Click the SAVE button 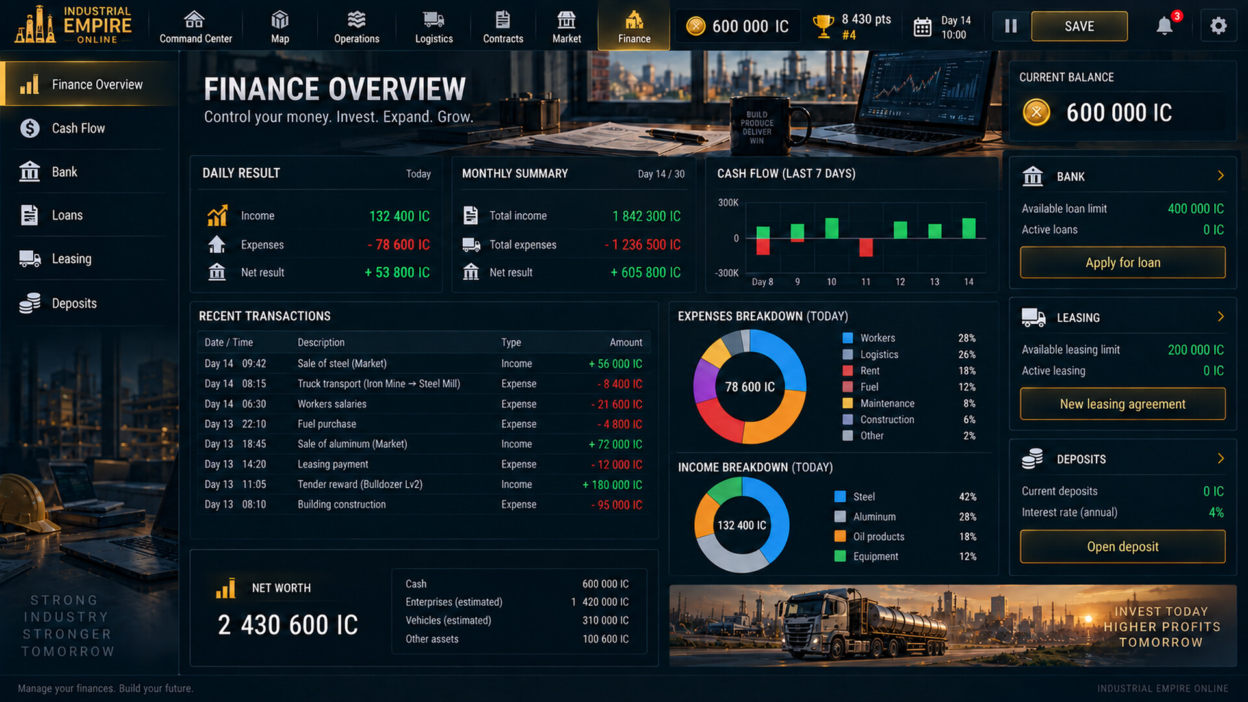pyautogui.click(x=1079, y=26)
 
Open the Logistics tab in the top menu pyautogui.click(x=434, y=27)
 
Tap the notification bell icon pyautogui.click(x=1164, y=26)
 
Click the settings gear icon pyautogui.click(x=1218, y=26)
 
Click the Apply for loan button pyautogui.click(x=1123, y=263)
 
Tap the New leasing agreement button pyautogui.click(x=1123, y=404)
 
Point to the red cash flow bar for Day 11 pyautogui.click(x=866, y=247)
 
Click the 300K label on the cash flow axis pyautogui.click(x=728, y=203)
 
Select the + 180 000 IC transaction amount pyautogui.click(x=612, y=484)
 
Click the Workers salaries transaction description pyautogui.click(x=332, y=404)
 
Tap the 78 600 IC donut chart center pyautogui.click(x=750, y=387)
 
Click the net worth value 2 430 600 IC pyautogui.click(x=288, y=625)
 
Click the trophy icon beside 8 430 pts pyautogui.click(x=823, y=27)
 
